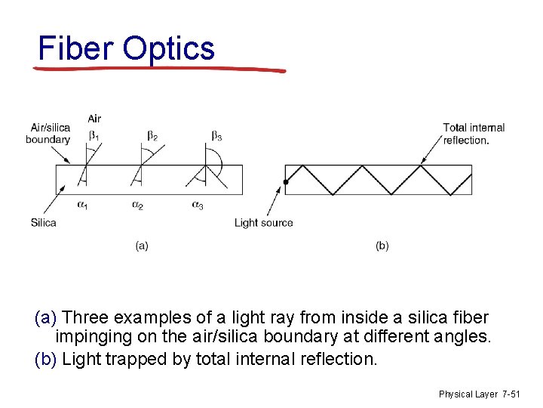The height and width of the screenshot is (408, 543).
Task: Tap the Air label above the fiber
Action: coord(94,119)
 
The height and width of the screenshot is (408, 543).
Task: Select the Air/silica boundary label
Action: coord(48,133)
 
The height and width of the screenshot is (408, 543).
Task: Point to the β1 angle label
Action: coord(94,135)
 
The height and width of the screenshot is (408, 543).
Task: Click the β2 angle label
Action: coord(152,135)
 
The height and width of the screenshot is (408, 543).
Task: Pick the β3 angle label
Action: coord(216,135)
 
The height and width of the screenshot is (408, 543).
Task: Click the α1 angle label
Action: coord(82,205)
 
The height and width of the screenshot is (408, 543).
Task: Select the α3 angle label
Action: coord(198,205)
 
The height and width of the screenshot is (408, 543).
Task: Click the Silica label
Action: coord(44,222)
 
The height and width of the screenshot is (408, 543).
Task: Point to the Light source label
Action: coord(263,222)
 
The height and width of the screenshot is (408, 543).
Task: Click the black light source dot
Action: coord(286,182)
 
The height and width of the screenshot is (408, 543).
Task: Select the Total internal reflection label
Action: coord(474,134)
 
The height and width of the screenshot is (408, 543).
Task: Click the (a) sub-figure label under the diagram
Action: coord(141,246)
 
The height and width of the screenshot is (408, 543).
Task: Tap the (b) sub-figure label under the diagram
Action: coord(382,246)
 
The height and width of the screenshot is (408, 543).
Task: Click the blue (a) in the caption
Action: coord(45,317)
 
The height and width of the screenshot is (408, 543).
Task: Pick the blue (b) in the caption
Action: coord(45,359)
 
